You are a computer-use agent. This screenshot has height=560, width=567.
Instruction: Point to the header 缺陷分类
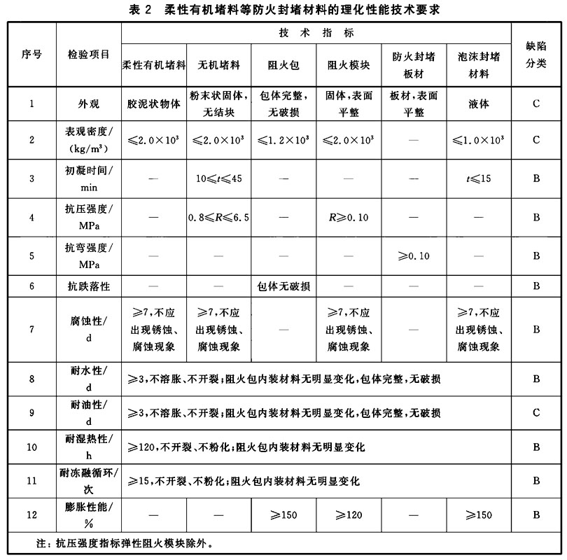(x=535, y=55)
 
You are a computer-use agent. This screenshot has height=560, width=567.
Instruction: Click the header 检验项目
(x=89, y=55)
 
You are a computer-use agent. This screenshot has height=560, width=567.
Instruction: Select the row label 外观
(x=89, y=104)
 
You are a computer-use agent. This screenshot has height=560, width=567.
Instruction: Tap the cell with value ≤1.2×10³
(x=283, y=140)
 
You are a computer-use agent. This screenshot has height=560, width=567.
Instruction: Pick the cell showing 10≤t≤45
(x=219, y=178)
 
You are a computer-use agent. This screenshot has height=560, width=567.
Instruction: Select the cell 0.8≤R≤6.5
(x=219, y=217)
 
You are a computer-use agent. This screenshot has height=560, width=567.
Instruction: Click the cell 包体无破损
(x=283, y=286)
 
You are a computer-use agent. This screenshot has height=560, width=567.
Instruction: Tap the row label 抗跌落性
(x=89, y=286)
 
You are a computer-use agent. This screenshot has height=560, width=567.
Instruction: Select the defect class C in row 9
(x=535, y=413)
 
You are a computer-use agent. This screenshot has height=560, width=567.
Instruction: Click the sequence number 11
(x=31, y=480)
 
